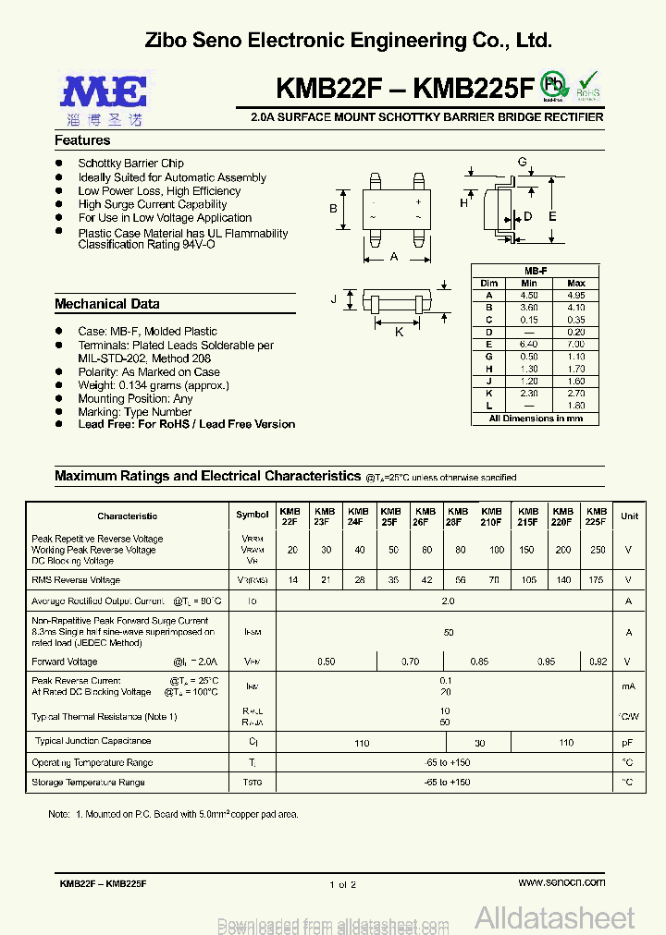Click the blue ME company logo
pyautogui.click(x=105, y=92)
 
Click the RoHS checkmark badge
pyautogui.click(x=588, y=85)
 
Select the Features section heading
pyautogui.click(x=82, y=140)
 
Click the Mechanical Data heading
pyautogui.click(x=106, y=304)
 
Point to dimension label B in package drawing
pyautogui.click(x=334, y=209)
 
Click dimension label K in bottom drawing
pyautogui.click(x=399, y=331)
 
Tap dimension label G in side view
pyautogui.click(x=522, y=163)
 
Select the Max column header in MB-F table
pyautogui.click(x=575, y=283)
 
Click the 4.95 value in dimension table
pyautogui.click(x=575, y=295)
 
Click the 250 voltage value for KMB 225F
pyautogui.click(x=597, y=550)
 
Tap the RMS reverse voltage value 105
pyautogui.click(x=528, y=580)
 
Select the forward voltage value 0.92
pyautogui.click(x=597, y=662)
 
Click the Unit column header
pyautogui.click(x=629, y=516)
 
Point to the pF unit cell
pyautogui.click(x=629, y=742)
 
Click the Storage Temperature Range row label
pyautogui.click(x=88, y=783)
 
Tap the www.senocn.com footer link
pyautogui.click(x=561, y=882)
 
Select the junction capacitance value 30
pyautogui.click(x=479, y=742)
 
